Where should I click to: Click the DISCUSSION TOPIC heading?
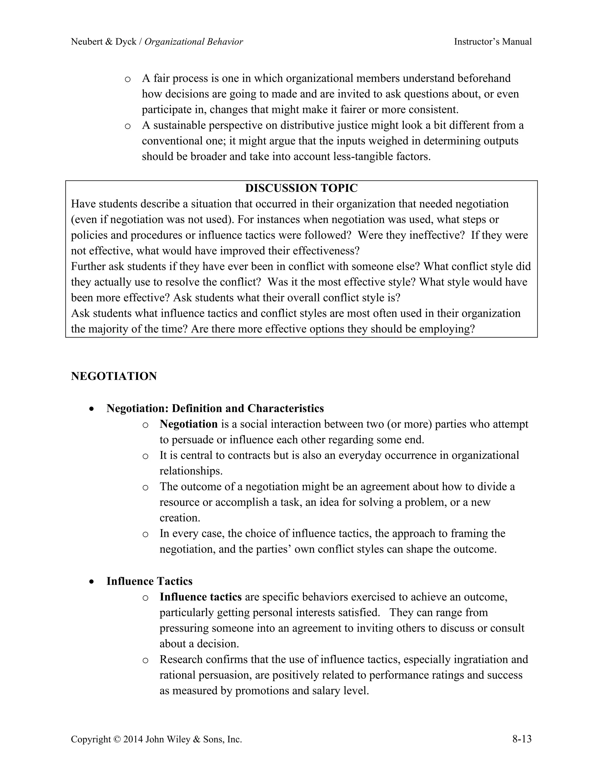[x=301, y=188]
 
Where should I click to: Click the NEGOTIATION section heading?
[x=114, y=376]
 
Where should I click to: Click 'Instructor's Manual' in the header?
[x=493, y=42]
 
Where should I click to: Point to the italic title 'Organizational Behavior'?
[x=194, y=42]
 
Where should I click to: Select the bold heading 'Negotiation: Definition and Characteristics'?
[x=215, y=408]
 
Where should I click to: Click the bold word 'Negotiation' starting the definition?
[x=189, y=424]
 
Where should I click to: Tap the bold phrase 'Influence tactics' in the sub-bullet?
[x=201, y=597]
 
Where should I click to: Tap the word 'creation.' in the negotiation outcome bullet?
[x=180, y=518]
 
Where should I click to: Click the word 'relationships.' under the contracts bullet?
[x=191, y=471]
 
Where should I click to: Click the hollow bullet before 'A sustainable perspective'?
[x=127, y=126]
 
